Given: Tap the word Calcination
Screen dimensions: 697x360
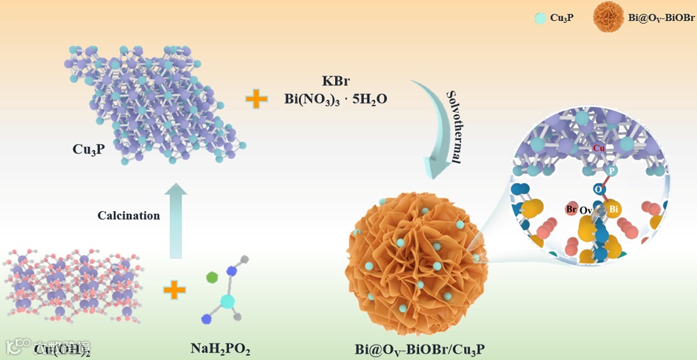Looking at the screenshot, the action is click(129, 216).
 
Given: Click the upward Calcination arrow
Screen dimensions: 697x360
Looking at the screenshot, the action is click(175, 220).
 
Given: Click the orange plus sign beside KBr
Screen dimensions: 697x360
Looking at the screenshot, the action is click(256, 100).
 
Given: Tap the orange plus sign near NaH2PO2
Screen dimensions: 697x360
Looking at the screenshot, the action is click(174, 289).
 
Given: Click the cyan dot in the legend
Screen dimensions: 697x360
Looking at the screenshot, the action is click(540, 18).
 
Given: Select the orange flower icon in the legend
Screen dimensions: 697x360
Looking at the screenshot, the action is click(608, 18).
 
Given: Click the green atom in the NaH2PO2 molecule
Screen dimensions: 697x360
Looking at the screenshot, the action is click(211, 277).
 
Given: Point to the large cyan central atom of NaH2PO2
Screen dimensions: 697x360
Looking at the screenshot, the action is click(227, 301).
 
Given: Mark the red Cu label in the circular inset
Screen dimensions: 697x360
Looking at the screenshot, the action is click(598, 148).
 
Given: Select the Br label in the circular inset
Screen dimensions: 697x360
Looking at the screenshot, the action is click(570, 210).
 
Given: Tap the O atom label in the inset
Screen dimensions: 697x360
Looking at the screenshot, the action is click(598, 189).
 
